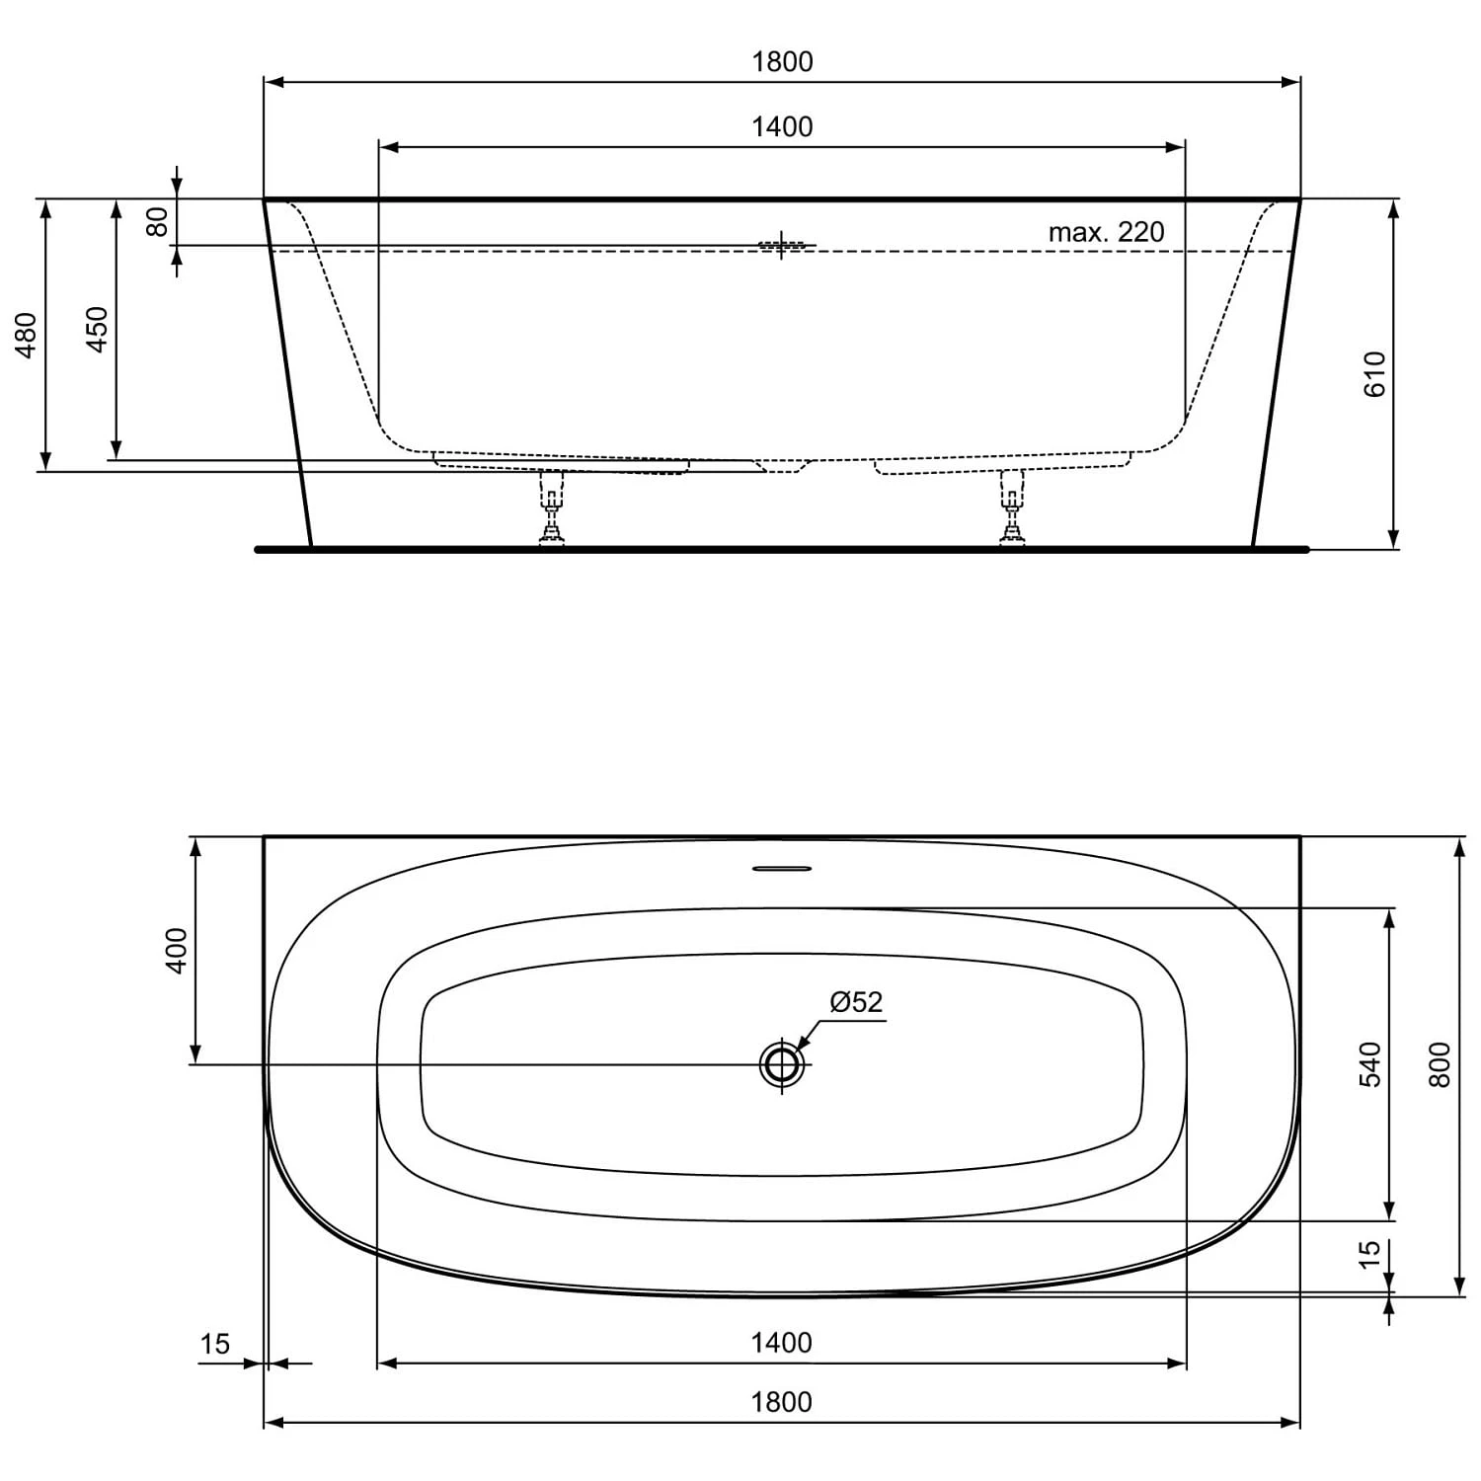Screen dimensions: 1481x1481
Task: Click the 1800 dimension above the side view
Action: pyautogui.click(x=782, y=62)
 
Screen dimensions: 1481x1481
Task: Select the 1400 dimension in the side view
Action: pyautogui.click(x=782, y=127)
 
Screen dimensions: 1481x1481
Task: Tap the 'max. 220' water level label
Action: pyautogui.click(x=1106, y=232)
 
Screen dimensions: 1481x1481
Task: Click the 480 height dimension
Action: pyautogui.click(x=27, y=335)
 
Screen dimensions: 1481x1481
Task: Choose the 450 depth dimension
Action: pyautogui.click(x=97, y=330)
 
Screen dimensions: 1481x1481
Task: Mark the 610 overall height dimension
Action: pyautogui.click(x=1374, y=374)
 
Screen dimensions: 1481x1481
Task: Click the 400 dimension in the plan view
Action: pyautogui.click(x=176, y=950)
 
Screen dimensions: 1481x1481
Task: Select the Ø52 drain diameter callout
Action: pyautogui.click(x=856, y=1002)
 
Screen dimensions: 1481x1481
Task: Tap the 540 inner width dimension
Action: pyautogui.click(x=1370, y=1063)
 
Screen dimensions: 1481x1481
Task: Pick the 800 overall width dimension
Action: pyautogui.click(x=1441, y=1064)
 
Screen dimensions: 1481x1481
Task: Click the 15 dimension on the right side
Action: pyautogui.click(x=1369, y=1254)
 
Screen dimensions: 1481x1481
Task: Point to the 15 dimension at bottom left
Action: pyautogui.click(x=214, y=1344)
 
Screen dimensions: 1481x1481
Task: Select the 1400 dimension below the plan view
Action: pyautogui.click(x=782, y=1343)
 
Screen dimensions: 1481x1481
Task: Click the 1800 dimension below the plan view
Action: pyautogui.click(x=782, y=1402)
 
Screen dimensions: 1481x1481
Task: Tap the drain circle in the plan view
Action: pyautogui.click(x=782, y=1064)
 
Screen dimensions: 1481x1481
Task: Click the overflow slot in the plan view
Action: pyautogui.click(x=782, y=869)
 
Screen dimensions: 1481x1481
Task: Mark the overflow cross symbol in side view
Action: pyautogui.click(x=782, y=245)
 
